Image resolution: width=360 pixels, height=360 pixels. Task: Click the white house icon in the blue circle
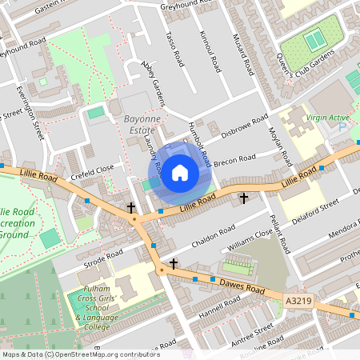click(x=180, y=172)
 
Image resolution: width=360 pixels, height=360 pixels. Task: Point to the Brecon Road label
click(x=237, y=158)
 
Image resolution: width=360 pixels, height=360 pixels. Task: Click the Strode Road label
click(x=102, y=258)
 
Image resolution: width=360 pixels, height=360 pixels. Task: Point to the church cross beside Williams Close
click(x=244, y=197)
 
